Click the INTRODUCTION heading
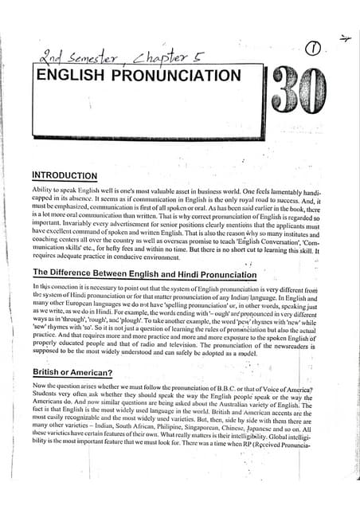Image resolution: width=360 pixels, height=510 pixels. (65, 175)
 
